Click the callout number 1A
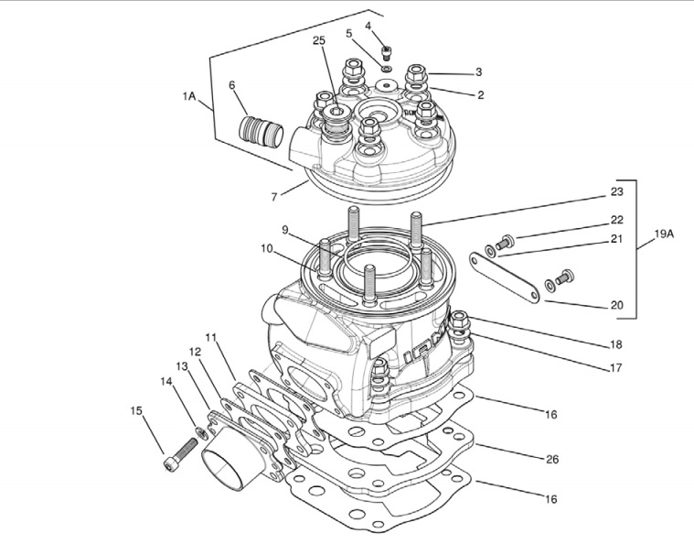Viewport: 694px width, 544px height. (x=189, y=95)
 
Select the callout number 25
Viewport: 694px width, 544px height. (x=318, y=42)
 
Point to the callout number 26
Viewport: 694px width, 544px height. (x=551, y=458)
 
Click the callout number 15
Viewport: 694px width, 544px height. (x=137, y=410)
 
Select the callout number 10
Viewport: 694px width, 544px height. (x=266, y=248)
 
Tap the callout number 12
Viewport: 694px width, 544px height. (x=195, y=351)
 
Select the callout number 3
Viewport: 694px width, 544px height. (x=478, y=71)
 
